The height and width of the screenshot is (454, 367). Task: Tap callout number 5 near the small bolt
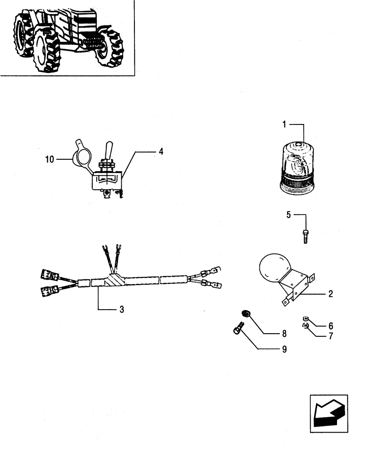(x=288, y=215)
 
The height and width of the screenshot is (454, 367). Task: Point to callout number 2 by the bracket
(x=331, y=294)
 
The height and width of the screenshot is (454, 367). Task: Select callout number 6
(x=331, y=326)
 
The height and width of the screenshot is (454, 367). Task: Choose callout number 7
(x=331, y=336)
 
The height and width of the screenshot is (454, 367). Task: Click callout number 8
(x=284, y=334)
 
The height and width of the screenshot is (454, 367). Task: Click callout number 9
(x=284, y=349)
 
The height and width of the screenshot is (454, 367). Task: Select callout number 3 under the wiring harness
(x=122, y=310)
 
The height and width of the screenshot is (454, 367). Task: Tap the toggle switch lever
(x=109, y=149)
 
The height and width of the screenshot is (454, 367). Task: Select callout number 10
(x=50, y=159)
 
